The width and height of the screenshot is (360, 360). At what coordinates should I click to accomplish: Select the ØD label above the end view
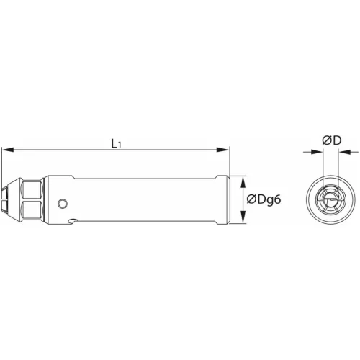pos(331,141)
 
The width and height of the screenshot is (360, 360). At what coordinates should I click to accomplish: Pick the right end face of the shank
pos(228,199)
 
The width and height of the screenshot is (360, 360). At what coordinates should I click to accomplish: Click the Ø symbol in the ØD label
pos(326,141)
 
